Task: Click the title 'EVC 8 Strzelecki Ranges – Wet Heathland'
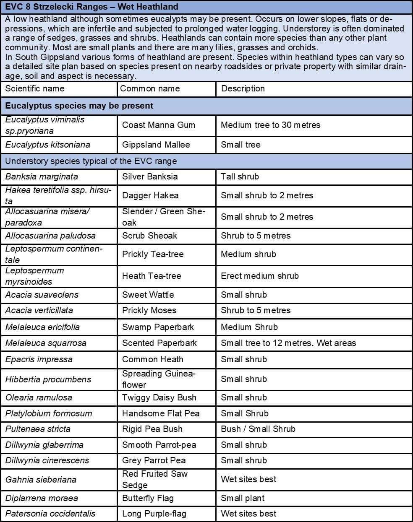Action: (91, 7)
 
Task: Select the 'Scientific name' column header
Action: (35, 88)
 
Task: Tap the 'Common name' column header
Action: (150, 88)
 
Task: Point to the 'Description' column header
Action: (243, 88)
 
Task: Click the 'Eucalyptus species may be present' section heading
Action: (79, 106)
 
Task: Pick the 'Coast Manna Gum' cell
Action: (159, 125)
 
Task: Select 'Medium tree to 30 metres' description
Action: (270, 125)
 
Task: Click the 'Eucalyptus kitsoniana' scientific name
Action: (47, 145)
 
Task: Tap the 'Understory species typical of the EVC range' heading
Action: (91, 161)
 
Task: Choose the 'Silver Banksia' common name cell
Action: (150, 177)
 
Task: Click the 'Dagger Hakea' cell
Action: (150, 195)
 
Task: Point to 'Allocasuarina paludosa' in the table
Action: (50, 236)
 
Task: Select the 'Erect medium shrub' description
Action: (260, 276)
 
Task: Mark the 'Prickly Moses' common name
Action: (149, 310)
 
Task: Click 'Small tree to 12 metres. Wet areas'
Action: (288, 343)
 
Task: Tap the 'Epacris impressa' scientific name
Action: (39, 359)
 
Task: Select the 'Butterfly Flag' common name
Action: (148, 498)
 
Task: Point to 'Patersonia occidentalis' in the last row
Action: (50, 514)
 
